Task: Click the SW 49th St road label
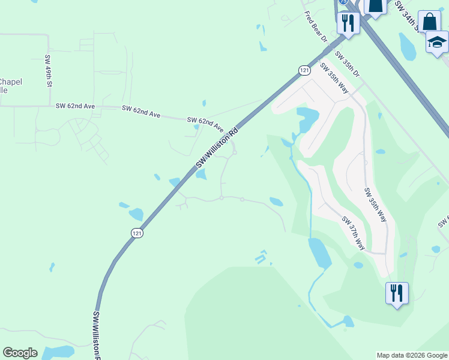coord(48,71)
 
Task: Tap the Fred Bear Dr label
coord(315,26)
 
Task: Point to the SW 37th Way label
coord(354,233)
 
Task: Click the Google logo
coord(20,353)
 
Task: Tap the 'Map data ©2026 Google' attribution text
coord(412,355)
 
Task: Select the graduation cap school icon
coord(437,43)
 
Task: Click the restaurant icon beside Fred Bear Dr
coord(348,23)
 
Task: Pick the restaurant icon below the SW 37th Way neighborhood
coord(397,293)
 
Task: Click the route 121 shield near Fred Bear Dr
coord(304,70)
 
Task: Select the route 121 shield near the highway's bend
coord(137,232)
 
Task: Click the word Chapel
coord(11,82)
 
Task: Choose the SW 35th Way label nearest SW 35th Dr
coord(334,77)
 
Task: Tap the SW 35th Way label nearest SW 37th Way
coord(376,204)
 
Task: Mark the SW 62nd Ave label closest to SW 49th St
coord(75,106)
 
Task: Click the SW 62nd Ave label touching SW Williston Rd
coord(205,125)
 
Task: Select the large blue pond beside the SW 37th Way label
coord(319,253)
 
